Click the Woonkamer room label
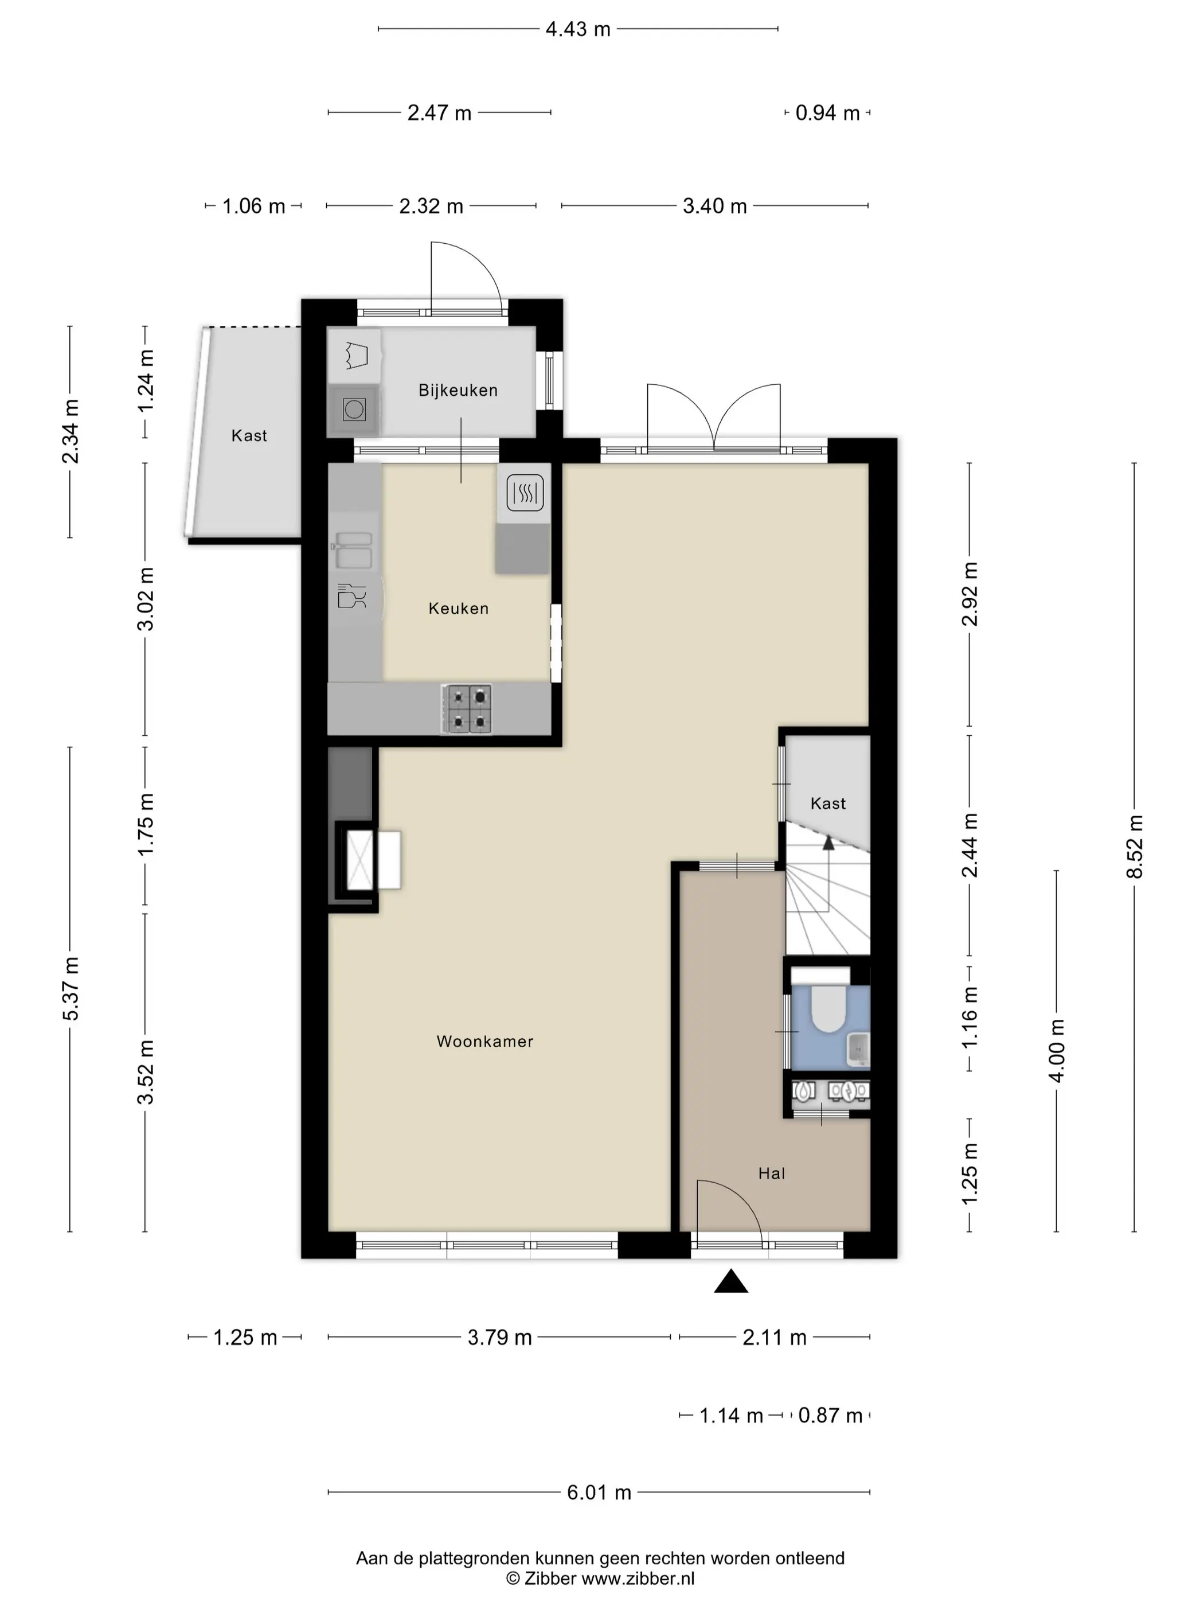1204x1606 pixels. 485,1041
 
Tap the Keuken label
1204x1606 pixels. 459,609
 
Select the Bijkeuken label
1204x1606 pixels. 458,391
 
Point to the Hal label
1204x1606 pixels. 772,1174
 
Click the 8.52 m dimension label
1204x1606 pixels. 1134,847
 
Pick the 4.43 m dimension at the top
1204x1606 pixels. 578,29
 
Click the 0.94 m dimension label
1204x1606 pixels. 827,113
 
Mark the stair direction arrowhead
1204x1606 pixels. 827,841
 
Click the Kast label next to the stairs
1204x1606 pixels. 828,804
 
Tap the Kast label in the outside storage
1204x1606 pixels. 249,435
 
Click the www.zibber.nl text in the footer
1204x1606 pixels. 638,1578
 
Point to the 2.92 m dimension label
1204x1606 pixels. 970,594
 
